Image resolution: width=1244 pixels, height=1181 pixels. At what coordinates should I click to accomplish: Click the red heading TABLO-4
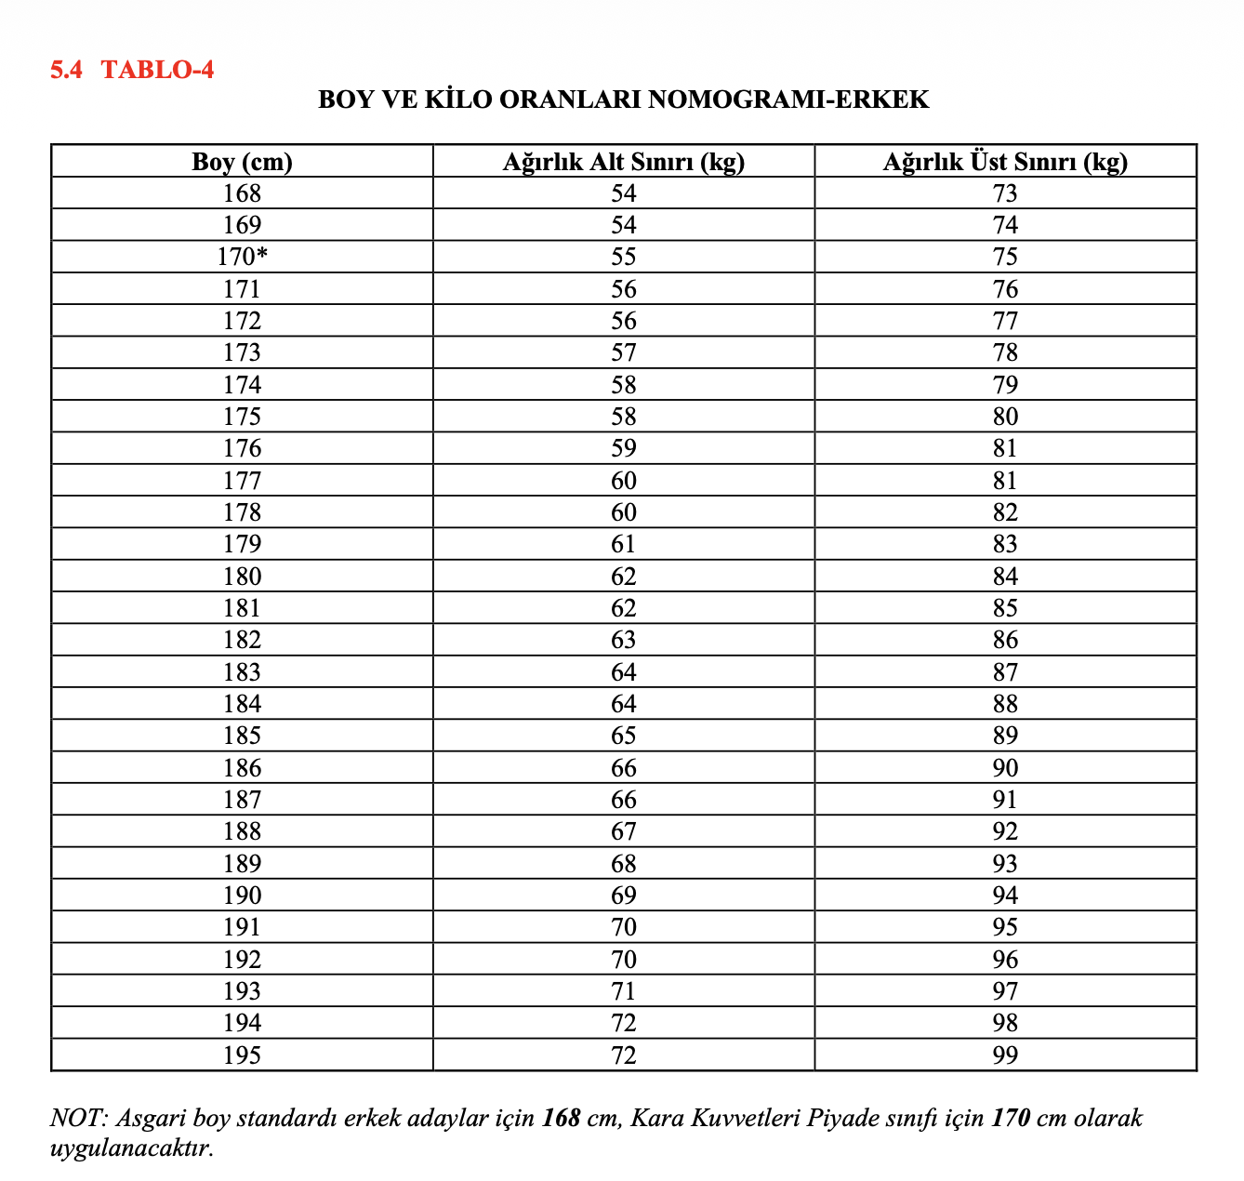[157, 70]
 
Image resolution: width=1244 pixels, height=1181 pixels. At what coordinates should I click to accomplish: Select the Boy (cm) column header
[242, 162]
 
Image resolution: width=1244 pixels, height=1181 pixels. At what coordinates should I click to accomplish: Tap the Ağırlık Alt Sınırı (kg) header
[624, 162]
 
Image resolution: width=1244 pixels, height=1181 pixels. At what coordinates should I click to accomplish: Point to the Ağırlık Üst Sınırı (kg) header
[1005, 162]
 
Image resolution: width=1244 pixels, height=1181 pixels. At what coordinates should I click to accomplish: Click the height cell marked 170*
[243, 257]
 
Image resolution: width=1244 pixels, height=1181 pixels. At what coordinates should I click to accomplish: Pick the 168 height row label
[242, 193]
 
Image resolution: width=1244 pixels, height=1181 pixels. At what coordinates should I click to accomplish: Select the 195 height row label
[242, 1055]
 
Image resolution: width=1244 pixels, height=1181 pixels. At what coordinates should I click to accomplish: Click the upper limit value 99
[1005, 1055]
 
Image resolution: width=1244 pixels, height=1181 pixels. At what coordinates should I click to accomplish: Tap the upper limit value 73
[1005, 193]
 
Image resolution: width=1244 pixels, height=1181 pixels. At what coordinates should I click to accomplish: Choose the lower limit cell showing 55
[624, 257]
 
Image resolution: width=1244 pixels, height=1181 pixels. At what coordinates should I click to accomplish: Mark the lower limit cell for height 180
[624, 577]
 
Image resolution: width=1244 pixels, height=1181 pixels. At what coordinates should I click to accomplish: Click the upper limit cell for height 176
[1005, 448]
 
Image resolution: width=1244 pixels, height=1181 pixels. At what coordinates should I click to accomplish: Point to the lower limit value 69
[624, 896]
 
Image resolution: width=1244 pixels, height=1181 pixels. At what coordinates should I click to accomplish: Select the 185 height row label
[242, 736]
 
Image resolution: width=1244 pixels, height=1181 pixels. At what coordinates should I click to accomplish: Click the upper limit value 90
[1005, 768]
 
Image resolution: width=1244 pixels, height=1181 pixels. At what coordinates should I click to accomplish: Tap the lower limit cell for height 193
[624, 991]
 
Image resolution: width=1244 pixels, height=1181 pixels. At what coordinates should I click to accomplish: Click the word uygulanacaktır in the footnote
[131, 1148]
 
